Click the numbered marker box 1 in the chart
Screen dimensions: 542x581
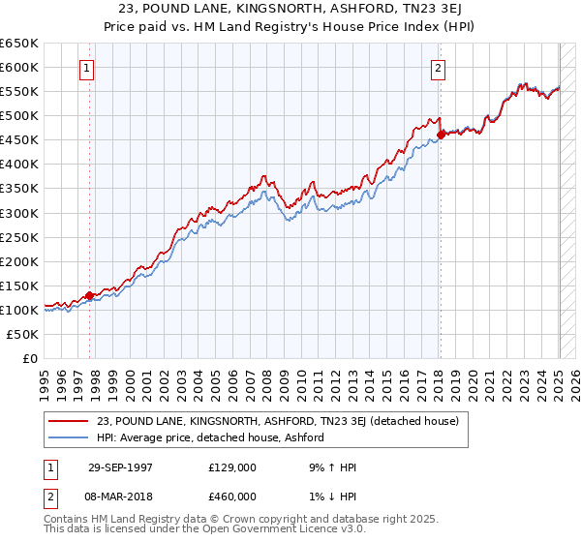click(88, 68)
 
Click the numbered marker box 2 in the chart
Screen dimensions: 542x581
click(439, 68)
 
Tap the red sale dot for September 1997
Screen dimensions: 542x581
click(90, 295)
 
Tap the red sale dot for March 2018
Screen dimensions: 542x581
click(441, 135)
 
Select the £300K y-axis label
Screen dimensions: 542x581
click(19, 213)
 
